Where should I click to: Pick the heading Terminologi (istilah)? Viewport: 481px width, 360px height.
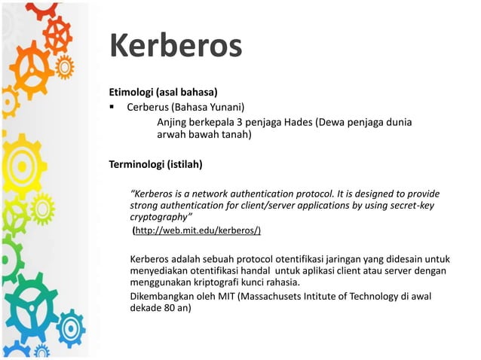(x=156, y=163)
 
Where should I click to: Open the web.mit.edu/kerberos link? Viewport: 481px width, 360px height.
(x=198, y=230)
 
